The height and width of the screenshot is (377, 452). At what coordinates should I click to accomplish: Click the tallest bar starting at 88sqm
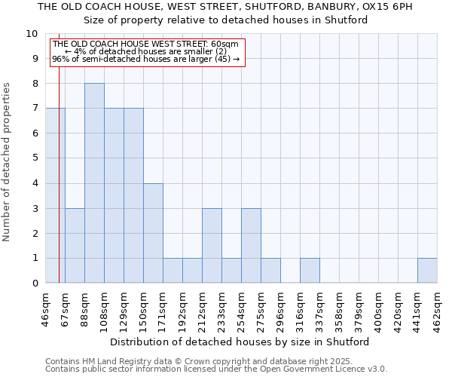click(94, 183)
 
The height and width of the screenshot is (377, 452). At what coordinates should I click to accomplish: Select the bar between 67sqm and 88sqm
click(75, 246)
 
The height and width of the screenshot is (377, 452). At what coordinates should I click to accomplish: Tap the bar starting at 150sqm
click(153, 233)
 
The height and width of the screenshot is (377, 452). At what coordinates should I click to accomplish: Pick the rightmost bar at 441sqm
click(427, 271)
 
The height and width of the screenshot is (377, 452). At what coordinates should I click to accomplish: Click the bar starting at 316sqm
click(310, 271)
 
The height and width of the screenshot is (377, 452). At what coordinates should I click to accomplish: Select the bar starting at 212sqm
click(212, 246)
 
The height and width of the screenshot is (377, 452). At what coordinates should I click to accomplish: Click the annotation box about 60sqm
click(148, 51)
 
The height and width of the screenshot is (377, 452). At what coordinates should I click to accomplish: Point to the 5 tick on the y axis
click(35, 158)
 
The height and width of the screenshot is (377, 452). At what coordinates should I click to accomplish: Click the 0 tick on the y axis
click(35, 283)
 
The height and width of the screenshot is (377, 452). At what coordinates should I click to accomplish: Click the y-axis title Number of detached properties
click(8, 162)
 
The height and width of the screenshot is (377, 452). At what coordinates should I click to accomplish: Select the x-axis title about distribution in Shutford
click(241, 342)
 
